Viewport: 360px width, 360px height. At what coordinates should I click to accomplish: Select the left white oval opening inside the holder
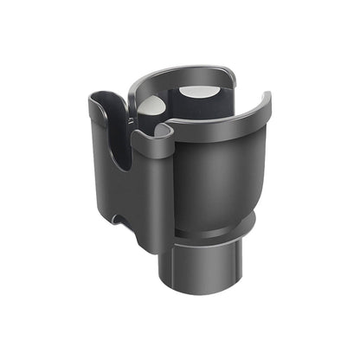(152, 106)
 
